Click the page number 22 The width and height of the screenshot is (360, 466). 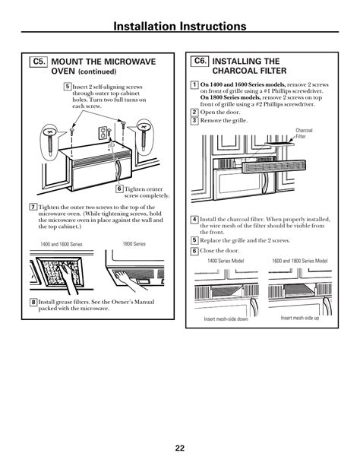180,448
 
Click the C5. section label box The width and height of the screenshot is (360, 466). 38,62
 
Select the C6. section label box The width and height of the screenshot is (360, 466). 200,62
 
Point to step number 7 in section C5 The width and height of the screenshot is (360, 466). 33,207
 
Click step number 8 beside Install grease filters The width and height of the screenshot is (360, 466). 33,302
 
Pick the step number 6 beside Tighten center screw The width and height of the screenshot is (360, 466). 119,189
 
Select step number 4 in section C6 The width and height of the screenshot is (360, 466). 194,220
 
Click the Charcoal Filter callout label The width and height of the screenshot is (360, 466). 304,133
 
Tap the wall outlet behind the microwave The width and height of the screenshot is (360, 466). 103,133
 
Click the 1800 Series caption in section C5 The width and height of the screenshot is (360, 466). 134,244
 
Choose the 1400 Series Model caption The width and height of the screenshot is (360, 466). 226,261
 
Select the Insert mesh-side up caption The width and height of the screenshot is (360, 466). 300,318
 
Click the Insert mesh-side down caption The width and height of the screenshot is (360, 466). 226,319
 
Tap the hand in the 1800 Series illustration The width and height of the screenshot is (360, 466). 128,280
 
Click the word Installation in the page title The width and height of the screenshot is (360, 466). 146,26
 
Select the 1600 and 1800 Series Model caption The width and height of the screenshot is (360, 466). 300,261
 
